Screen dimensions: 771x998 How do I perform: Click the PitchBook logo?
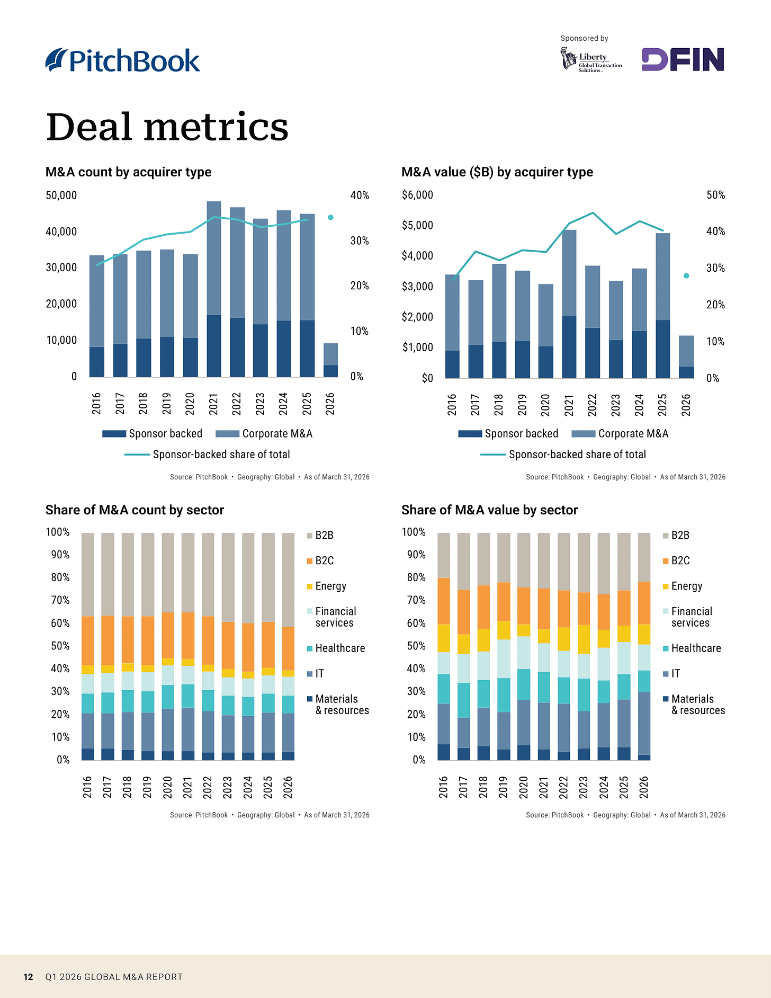pos(123,60)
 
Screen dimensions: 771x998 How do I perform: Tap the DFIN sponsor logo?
pos(683,59)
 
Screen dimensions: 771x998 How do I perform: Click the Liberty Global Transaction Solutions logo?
pos(591,59)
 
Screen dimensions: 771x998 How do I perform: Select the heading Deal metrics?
pos(167,127)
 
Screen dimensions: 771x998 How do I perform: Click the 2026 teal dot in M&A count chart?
pos(330,217)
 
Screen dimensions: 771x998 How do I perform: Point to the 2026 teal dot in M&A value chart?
pos(686,275)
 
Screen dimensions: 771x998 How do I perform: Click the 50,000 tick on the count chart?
pos(61,195)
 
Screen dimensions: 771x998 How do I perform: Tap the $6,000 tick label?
pos(417,195)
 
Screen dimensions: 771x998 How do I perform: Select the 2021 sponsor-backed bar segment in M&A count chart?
pos(214,346)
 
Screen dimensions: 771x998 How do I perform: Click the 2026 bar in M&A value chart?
pos(686,357)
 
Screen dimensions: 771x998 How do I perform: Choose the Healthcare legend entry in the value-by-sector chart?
pos(692,648)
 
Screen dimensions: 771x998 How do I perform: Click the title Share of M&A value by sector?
pos(489,510)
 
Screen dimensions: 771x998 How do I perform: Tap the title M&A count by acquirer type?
pos(128,172)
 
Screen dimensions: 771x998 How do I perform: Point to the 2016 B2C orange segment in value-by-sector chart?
pos(444,601)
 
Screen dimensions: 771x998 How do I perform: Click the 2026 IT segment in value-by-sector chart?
pos(644,723)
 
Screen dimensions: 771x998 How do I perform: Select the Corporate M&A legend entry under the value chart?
pos(621,434)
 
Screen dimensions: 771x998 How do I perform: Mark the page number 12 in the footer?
pos(29,977)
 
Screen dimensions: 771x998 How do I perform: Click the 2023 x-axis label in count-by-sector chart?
pos(228,787)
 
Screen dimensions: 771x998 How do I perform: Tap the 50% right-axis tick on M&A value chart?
pos(716,195)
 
